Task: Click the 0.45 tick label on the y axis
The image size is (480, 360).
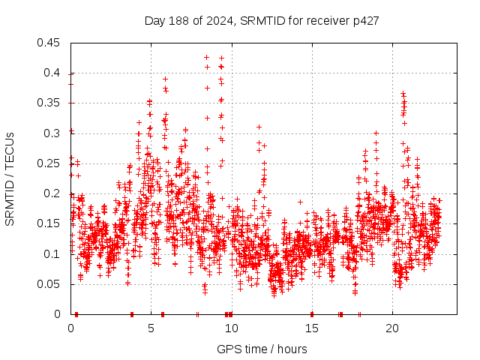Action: (x=52, y=43)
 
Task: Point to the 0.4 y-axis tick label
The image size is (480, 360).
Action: (x=55, y=73)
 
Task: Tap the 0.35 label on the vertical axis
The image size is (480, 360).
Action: (x=52, y=103)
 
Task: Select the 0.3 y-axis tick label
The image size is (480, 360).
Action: (x=55, y=133)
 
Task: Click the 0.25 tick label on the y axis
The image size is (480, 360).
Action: (x=52, y=163)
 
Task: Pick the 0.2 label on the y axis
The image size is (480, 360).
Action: (x=55, y=193)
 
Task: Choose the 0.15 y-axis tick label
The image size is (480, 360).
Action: (x=52, y=223)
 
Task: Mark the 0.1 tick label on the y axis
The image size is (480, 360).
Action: (x=55, y=254)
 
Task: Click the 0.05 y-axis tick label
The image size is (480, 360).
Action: (x=52, y=284)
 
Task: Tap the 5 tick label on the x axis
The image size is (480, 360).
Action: (x=151, y=328)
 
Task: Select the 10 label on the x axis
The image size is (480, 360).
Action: (x=231, y=328)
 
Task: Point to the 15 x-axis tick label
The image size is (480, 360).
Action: (x=311, y=328)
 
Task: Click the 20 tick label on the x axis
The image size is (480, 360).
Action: (x=391, y=328)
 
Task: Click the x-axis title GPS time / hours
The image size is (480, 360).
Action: (x=262, y=349)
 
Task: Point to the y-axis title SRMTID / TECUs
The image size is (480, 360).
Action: (x=10, y=178)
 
